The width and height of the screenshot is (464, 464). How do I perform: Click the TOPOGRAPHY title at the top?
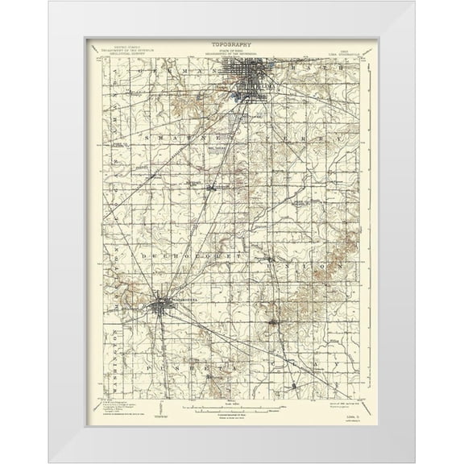231,45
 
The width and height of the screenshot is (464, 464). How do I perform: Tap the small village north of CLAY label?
275,323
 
